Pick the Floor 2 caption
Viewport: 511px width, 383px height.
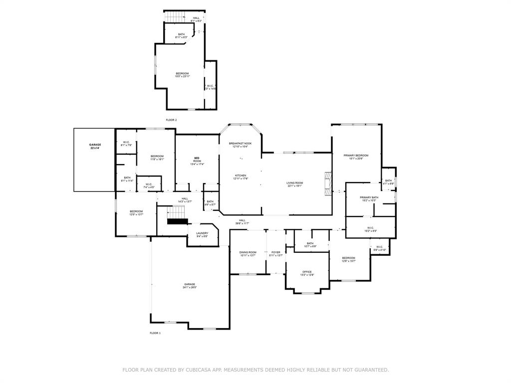171,120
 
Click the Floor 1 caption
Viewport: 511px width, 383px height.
155,333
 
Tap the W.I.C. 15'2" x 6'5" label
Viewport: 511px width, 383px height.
370,230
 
